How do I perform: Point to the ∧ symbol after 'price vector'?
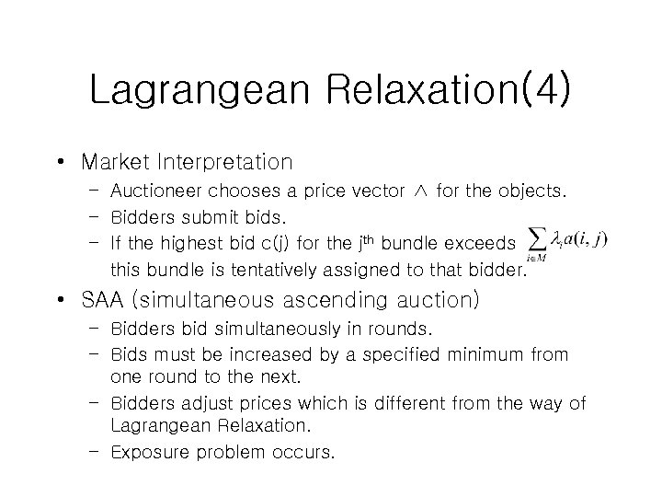coord(418,191)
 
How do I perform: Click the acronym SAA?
coord(105,300)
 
